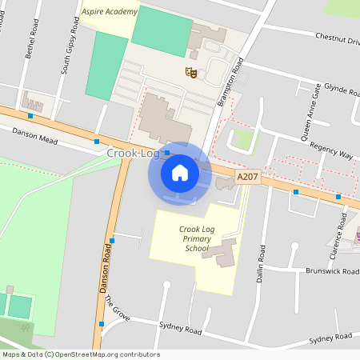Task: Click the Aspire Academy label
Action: (x=110, y=12)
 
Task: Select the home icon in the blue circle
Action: (x=180, y=173)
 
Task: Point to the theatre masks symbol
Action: (x=190, y=73)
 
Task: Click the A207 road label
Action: (x=248, y=175)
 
